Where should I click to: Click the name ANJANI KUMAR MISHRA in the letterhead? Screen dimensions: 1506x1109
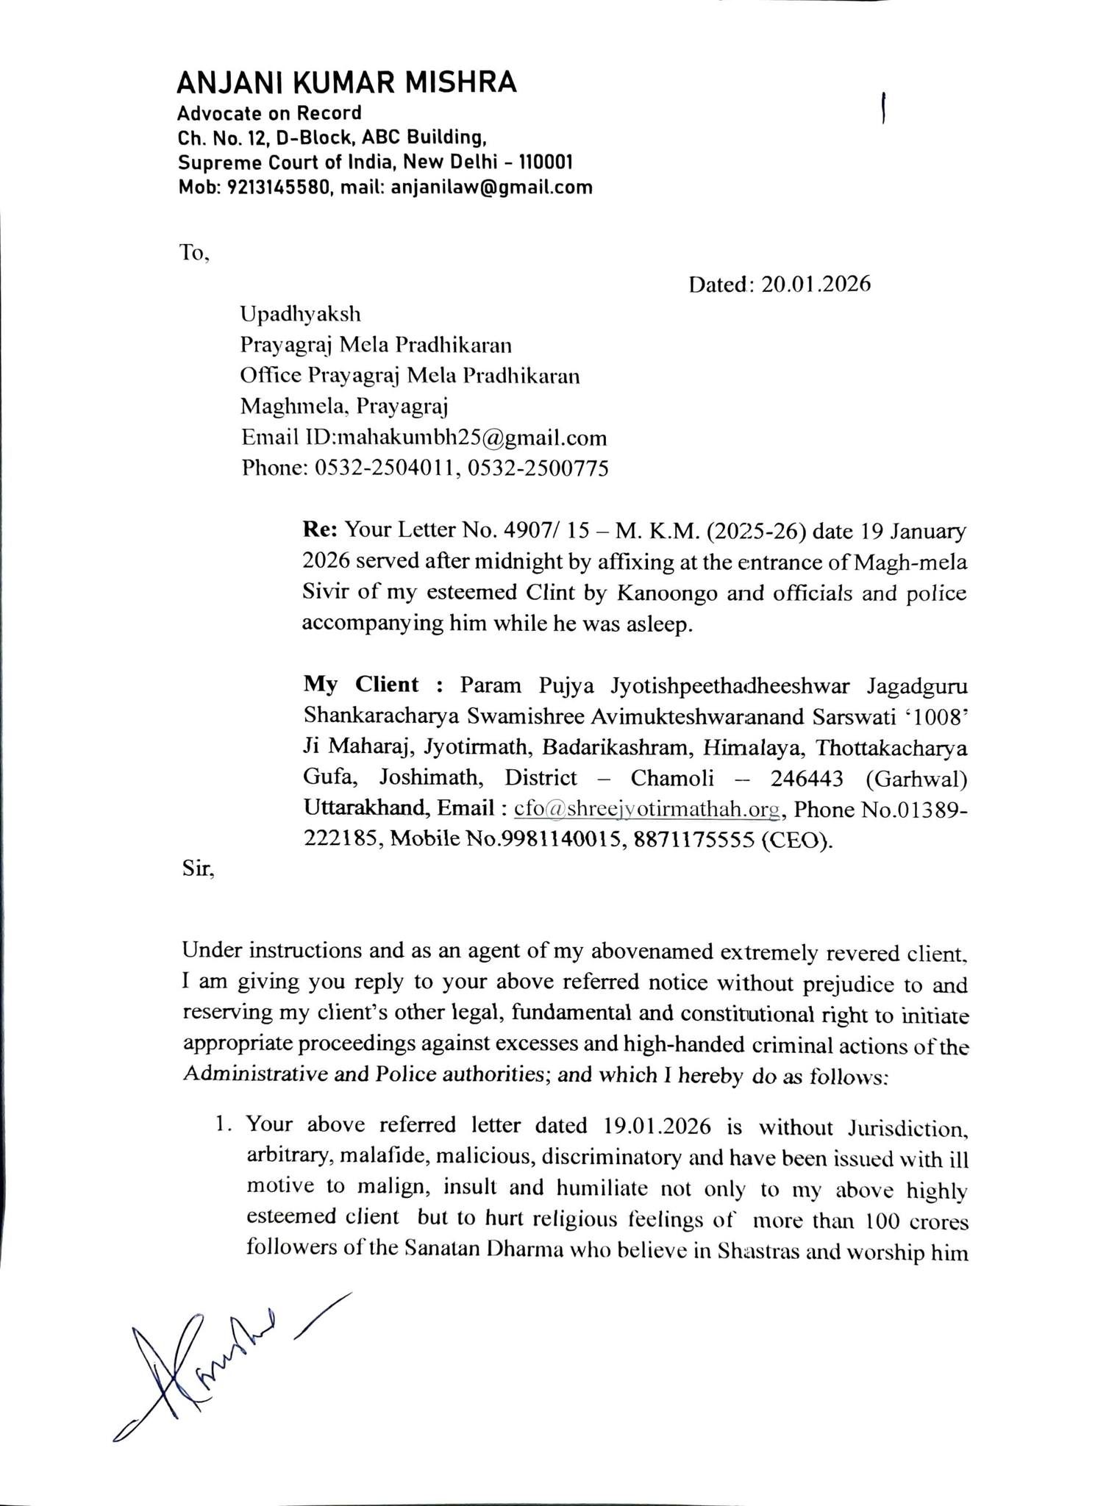(x=346, y=83)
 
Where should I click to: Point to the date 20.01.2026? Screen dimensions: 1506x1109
(x=816, y=285)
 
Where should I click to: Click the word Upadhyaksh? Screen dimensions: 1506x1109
(x=301, y=314)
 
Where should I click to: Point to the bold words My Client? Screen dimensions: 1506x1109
(x=360, y=685)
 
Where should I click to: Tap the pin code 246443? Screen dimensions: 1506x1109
(x=806, y=778)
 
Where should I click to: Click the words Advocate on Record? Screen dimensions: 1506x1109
(x=269, y=113)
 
